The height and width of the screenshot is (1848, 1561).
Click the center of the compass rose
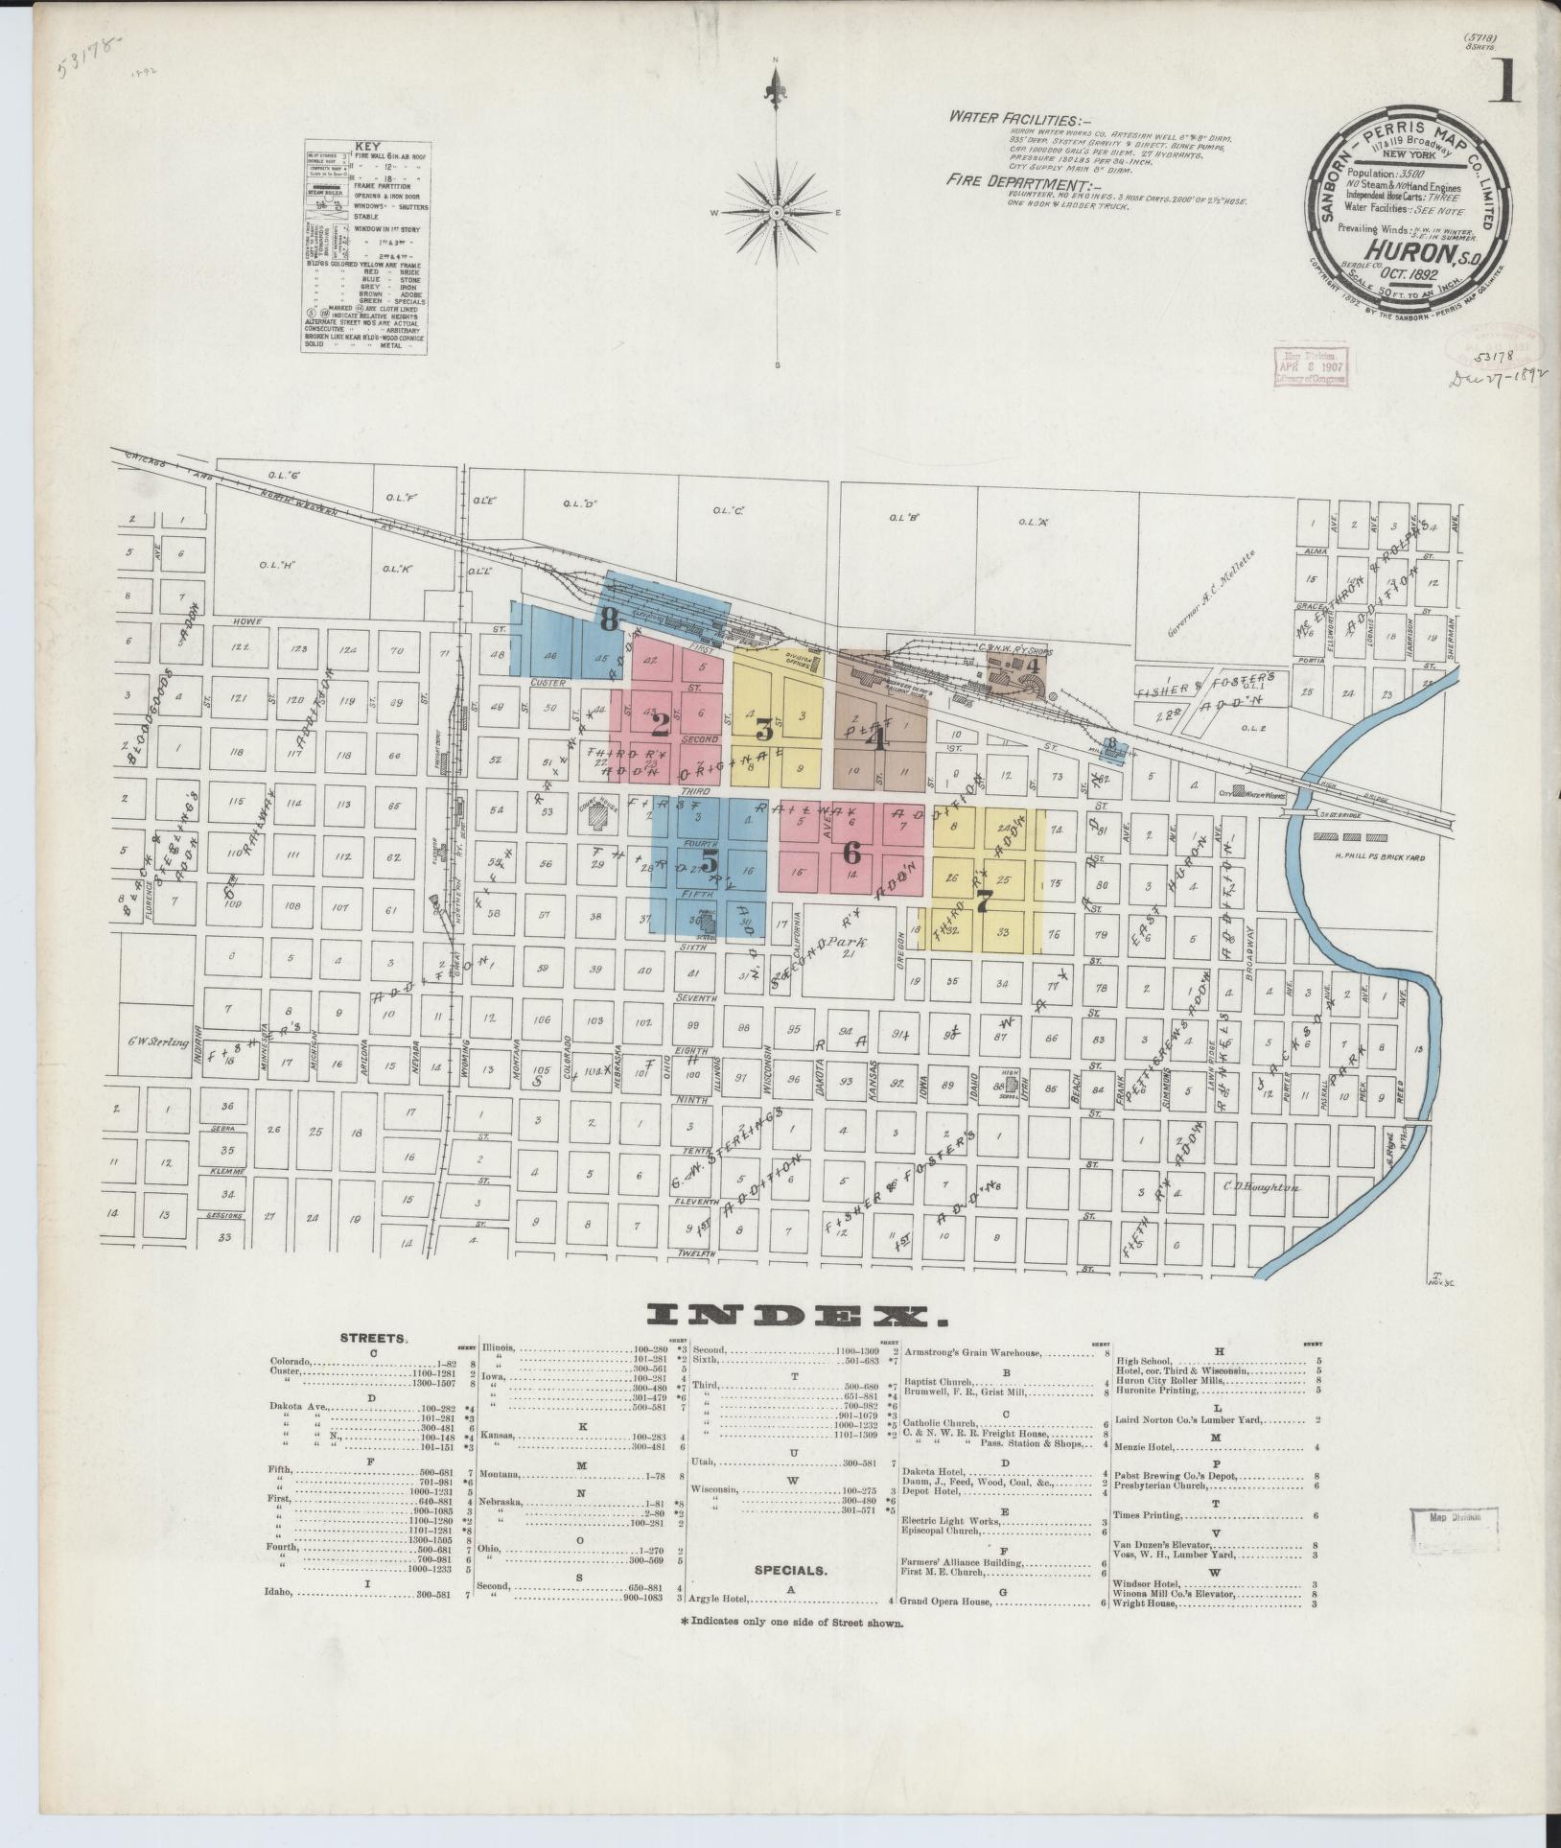tap(778, 211)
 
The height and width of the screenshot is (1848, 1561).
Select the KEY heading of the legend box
tap(366, 147)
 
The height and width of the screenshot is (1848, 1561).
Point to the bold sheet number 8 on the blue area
tap(608, 620)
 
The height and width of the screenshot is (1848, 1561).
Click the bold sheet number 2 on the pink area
tap(660, 720)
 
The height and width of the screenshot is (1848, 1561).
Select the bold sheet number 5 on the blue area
tap(709, 858)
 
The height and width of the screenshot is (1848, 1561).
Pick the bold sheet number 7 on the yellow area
tap(982, 901)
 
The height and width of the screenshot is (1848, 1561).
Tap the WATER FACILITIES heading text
tap(1013, 119)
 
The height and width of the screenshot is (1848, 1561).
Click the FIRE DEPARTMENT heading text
tap(1013, 180)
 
